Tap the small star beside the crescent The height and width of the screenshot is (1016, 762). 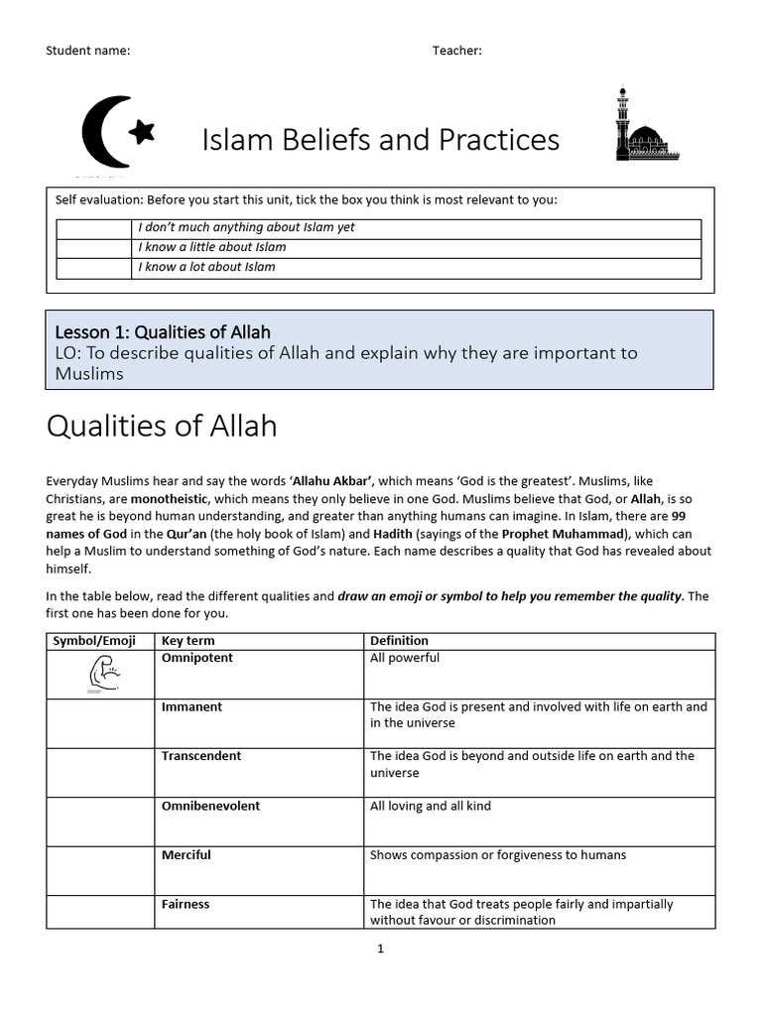pyautogui.click(x=143, y=129)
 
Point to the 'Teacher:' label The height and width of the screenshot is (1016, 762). pyautogui.click(x=456, y=51)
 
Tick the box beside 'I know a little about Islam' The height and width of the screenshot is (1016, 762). pyautogui.click(x=95, y=247)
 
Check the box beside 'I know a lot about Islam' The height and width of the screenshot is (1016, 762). pyautogui.click(x=95, y=267)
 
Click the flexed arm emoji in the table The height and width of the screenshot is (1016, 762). pyautogui.click(x=102, y=676)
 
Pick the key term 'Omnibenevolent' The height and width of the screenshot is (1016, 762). pyautogui.click(x=210, y=806)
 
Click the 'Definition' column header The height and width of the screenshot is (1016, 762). pyautogui.click(x=399, y=641)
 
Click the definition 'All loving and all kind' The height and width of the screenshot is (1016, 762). pyautogui.click(x=431, y=806)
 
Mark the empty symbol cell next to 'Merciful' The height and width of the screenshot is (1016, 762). pyautogui.click(x=102, y=870)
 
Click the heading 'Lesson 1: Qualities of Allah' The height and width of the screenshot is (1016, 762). pyautogui.click(x=163, y=331)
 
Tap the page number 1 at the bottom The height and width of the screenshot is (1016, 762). pyautogui.click(x=380, y=949)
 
